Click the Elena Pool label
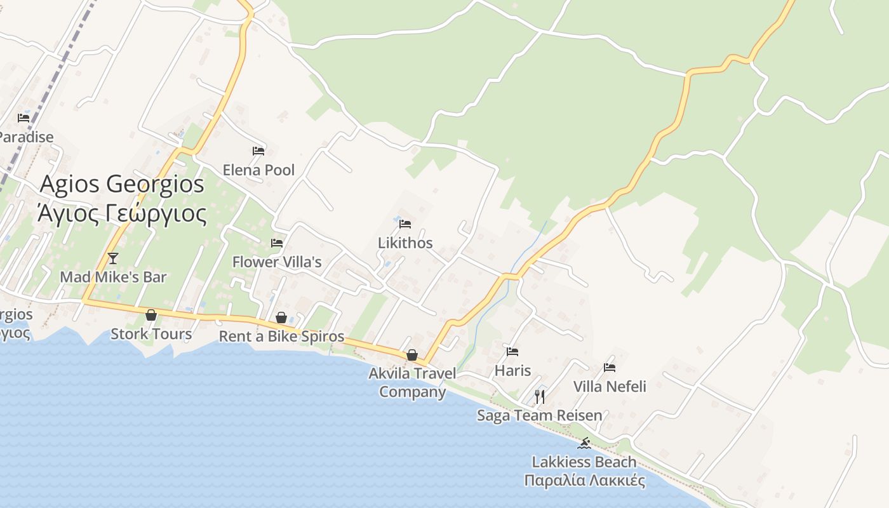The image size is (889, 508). click(x=258, y=170)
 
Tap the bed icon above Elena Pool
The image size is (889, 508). click(x=258, y=151)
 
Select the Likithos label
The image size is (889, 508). click(x=405, y=243)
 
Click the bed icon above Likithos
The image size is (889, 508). click(x=405, y=224)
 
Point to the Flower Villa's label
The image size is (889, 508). click(x=277, y=262)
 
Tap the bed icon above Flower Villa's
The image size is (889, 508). click(x=277, y=243)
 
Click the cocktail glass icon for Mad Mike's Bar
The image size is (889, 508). click(x=113, y=258)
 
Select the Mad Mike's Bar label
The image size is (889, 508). click(x=113, y=277)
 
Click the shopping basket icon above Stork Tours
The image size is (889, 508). click(x=151, y=315)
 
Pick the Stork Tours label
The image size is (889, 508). click(x=151, y=334)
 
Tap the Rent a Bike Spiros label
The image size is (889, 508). click(x=281, y=337)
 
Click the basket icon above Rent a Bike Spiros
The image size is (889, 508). click(x=281, y=317)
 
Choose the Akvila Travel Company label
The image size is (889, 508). click(x=412, y=382)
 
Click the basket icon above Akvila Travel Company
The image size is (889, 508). click(x=412, y=355)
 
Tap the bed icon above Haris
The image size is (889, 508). click(x=512, y=351)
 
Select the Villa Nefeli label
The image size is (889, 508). click(x=610, y=386)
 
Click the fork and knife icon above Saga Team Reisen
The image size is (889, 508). click(x=540, y=397)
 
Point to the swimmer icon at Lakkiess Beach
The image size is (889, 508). click(x=584, y=443)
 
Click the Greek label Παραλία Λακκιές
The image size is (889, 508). click(x=584, y=480)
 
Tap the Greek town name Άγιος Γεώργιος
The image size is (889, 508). click(x=122, y=214)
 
